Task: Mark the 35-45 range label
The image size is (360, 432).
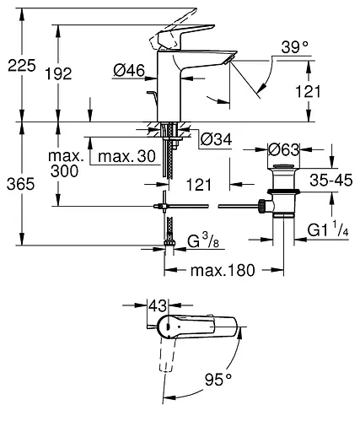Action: [330, 180]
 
